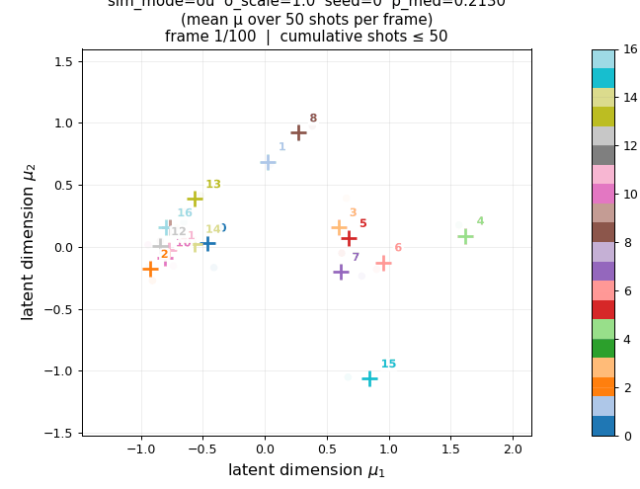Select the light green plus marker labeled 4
465,236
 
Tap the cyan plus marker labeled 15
369,378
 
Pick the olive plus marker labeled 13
195,199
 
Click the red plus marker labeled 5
349,238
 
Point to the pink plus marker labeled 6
383,263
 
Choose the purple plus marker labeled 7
341,272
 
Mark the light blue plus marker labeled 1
268,162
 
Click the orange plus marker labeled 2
150,269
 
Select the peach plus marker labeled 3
339,227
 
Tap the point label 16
185,213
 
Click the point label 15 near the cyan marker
388,365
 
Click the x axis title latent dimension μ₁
306,471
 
